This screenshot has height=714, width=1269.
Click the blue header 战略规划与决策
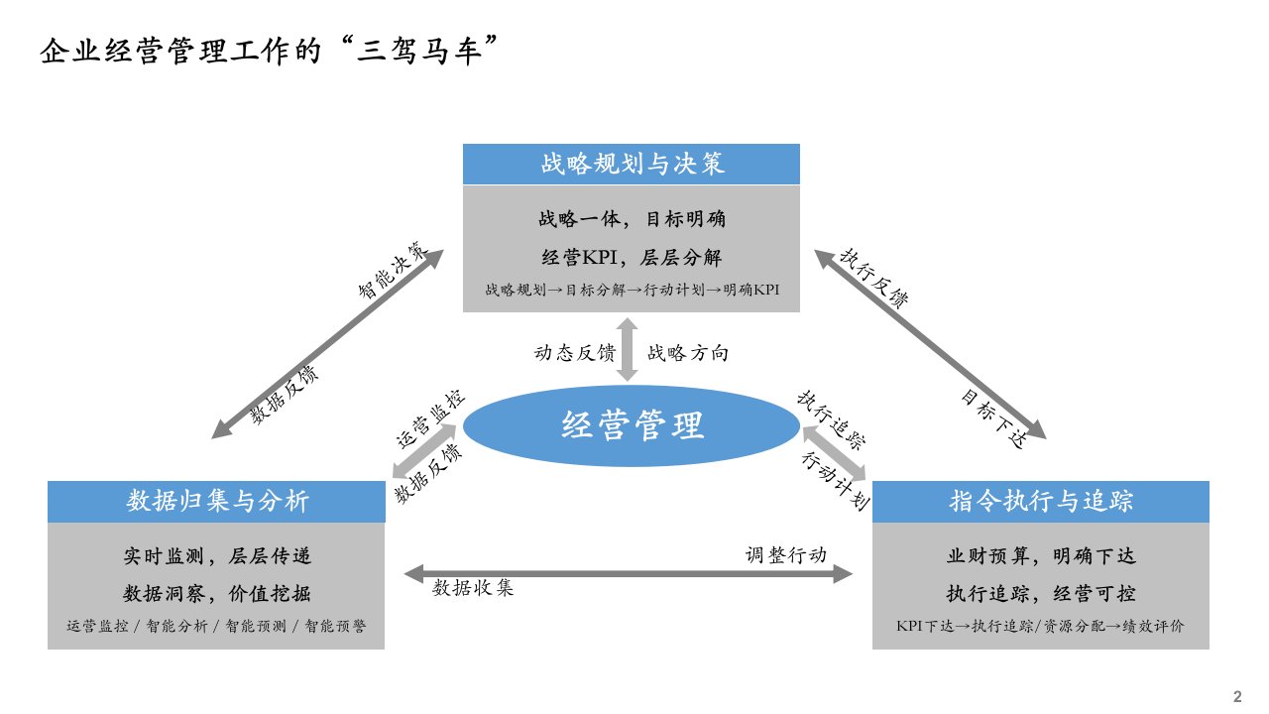click(632, 164)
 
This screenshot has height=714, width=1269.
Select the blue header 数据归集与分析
click(217, 502)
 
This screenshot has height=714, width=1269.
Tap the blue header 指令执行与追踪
click(1040, 502)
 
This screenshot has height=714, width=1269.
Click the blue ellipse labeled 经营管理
click(632, 425)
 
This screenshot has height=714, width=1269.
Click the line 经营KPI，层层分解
click(632, 258)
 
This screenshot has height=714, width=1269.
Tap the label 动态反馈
click(575, 353)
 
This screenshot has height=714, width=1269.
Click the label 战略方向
click(688, 353)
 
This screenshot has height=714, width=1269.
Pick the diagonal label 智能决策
click(395, 269)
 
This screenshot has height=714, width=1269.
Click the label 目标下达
click(990, 413)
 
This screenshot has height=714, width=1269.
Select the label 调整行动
click(785, 554)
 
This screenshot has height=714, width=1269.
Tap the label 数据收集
click(474, 588)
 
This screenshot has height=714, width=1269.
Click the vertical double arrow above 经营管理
click(627, 349)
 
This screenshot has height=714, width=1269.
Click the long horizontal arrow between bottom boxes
click(629, 573)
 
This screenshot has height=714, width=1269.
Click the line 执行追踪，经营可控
click(1040, 594)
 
